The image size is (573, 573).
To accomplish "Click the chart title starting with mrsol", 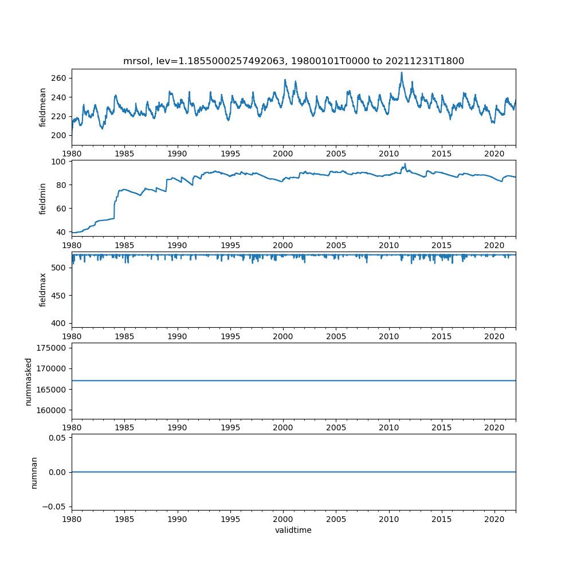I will pos(293,61).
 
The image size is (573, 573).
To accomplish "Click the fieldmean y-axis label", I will pos(42,107).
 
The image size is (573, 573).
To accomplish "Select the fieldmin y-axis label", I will pos(42,198).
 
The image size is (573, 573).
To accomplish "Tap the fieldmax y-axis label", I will pos(42,289).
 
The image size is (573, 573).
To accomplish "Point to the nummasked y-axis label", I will pos(29,381).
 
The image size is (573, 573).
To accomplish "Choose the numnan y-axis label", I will pos(34,472).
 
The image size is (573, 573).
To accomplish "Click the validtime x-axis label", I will pos(293,530).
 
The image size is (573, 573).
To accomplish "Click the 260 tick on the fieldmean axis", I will pos(60,78).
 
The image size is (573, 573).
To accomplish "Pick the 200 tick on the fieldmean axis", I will pos(60,135).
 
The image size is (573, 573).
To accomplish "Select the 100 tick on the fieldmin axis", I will pos(60,162).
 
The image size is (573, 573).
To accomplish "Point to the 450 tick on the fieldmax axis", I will pos(60,295).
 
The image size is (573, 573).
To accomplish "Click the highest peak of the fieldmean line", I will pos(402,73).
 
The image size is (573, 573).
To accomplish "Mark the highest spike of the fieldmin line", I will pos(405,164).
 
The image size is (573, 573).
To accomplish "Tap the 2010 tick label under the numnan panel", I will pos(389,519).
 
